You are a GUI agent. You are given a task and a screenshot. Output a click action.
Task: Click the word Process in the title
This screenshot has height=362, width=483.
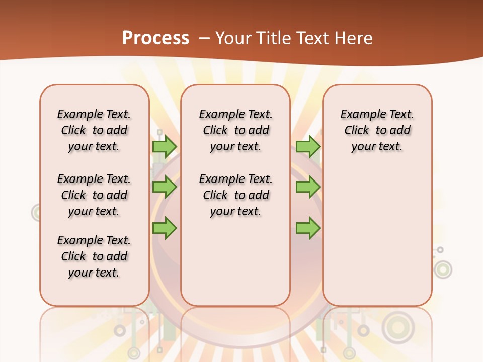tap(155, 38)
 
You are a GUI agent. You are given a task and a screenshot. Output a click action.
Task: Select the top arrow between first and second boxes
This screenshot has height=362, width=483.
tap(165, 146)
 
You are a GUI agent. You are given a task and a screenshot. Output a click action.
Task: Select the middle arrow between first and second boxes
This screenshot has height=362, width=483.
tap(165, 187)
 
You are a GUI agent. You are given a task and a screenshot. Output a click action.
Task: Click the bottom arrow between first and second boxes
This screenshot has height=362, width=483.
tap(165, 228)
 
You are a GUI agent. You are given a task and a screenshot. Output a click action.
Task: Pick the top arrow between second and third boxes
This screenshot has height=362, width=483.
tap(308, 146)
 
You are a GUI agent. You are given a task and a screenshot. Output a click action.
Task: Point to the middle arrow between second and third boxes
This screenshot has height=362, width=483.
tap(308, 187)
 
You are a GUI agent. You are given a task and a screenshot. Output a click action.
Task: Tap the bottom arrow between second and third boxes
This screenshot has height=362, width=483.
tap(308, 228)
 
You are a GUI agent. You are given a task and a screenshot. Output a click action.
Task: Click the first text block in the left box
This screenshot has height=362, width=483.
tap(94, 130)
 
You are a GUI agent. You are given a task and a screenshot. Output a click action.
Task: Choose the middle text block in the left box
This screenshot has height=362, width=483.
tap(94, 195)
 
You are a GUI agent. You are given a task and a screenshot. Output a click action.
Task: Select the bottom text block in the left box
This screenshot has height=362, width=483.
tap(94, 256)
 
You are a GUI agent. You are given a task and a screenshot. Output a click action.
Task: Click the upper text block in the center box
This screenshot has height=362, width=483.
tap(236, 130)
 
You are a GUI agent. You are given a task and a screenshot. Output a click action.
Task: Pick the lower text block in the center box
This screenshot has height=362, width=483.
tap(236, 195)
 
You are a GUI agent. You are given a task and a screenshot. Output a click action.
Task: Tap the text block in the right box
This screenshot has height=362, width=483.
tap(377, 130)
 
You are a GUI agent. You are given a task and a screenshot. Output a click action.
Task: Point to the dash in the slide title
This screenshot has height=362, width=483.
tap(204, 38)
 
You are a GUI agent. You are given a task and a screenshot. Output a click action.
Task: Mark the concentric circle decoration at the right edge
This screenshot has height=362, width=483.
tap(443, 269)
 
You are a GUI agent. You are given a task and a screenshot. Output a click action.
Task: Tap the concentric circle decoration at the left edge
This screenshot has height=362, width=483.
tap(37, 213)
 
